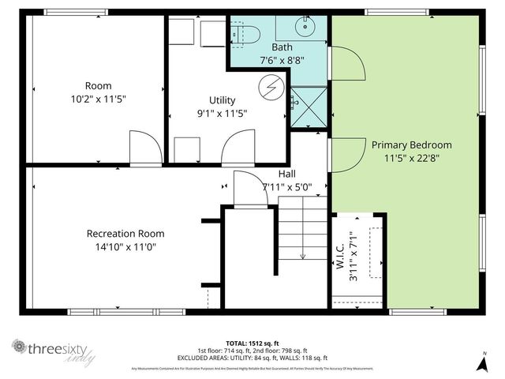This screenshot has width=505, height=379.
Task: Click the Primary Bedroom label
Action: tap(412, 144)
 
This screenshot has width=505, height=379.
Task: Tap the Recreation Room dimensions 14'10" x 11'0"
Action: tap(125, 246)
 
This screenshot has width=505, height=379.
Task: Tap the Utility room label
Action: tap(222, 100)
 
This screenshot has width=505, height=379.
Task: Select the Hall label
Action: tap(287, 174)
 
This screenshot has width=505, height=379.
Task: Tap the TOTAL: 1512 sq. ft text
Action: tap(252, 343)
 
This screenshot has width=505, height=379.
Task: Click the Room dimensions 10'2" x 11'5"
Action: tap(99, 99)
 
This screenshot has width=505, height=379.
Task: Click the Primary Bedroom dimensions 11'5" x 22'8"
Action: tap(412, 158)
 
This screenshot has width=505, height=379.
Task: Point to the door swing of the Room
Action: tap(143, 149)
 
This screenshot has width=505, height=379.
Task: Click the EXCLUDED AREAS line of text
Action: tap(252, 357)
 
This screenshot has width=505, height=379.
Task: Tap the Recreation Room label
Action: tap(125, 233)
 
